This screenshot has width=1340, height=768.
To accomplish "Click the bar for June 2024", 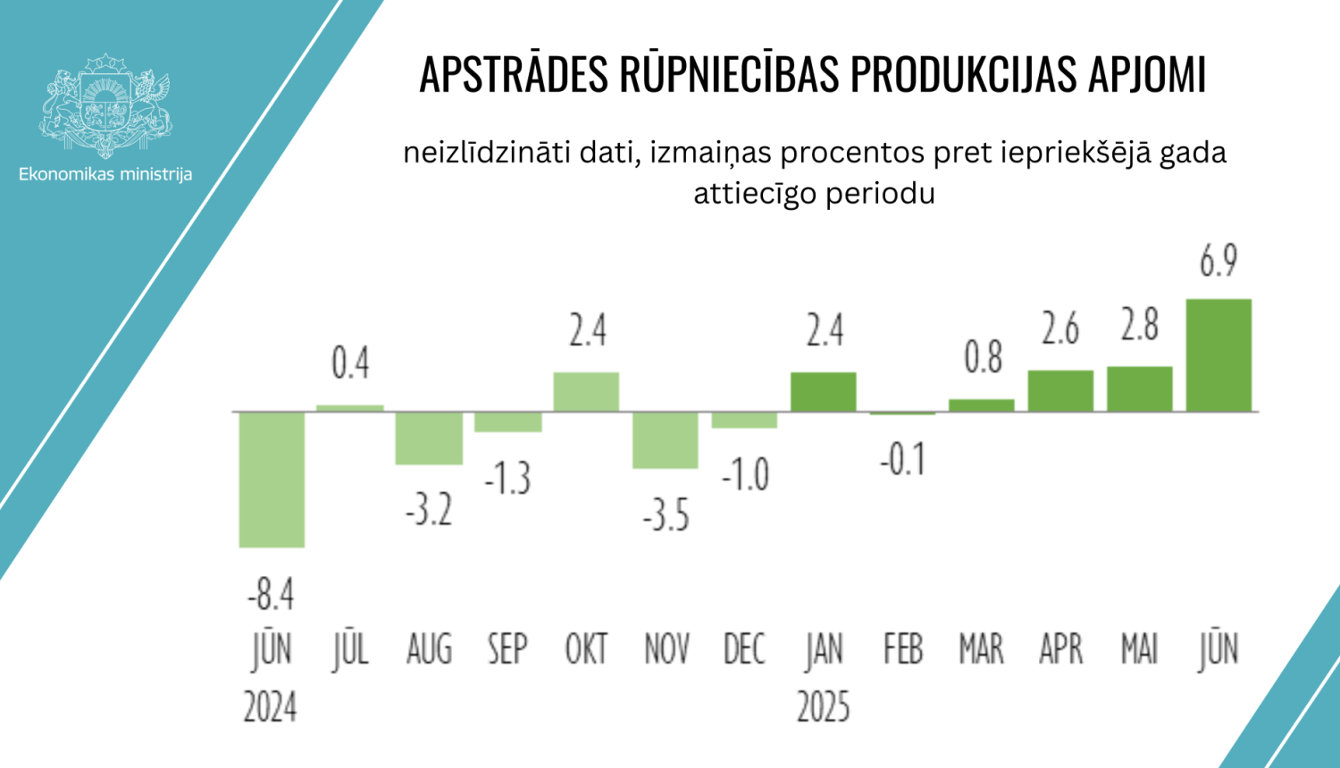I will pyautogui.click(x=272, y=479).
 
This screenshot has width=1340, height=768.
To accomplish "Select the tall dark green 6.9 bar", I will pyautogui.click(x=1219, y=355).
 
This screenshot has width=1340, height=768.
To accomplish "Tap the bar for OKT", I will pyautogui.click(x=586, y=392).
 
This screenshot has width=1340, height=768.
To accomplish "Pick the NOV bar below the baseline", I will pyautogui.click(x=666, y=439).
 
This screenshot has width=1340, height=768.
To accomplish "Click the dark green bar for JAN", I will pyautogui.click(x=824, y=392).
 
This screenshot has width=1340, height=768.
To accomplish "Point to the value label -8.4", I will pyautogui.click(x=271, y=594).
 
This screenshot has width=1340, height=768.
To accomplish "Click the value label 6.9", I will pyautogui.click(x=1219, y=261).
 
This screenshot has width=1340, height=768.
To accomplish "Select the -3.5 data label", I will pyautogui.click(x=666, y=516).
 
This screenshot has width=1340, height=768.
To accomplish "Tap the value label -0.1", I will pyautogui.click(x=902, y=460).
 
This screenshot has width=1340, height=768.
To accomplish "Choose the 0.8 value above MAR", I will pyautogui.click(x=983, y=357).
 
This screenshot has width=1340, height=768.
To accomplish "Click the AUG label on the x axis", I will pyautogui.click(x=429, y=649).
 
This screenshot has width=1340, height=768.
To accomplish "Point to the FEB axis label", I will pyautogui.click(x=902, y=649).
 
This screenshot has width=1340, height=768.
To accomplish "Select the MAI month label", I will pyautogui.click(x=1140, y=649).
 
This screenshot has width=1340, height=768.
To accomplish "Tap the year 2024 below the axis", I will pyautogui.click(x=271, y=707).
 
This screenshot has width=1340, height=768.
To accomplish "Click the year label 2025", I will pyautogui.click(x=824, y=707).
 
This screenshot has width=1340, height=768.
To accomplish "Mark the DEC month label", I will pyautogui.click(x=744, y=649).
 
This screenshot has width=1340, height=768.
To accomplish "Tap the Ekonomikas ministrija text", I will pyautogui.click(x=105, y=174).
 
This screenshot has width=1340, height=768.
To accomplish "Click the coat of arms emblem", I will pyautogui.click(x=105, y=105).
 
